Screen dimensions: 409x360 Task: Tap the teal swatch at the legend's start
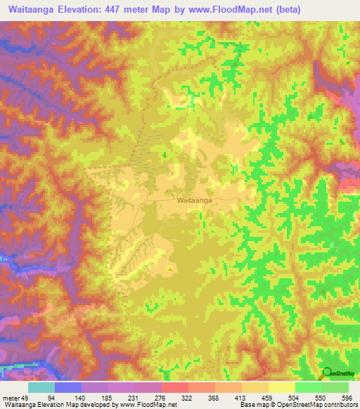point(41,387)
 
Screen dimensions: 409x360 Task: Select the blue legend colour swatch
point(68,387)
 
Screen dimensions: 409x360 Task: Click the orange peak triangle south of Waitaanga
point(169,268)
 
